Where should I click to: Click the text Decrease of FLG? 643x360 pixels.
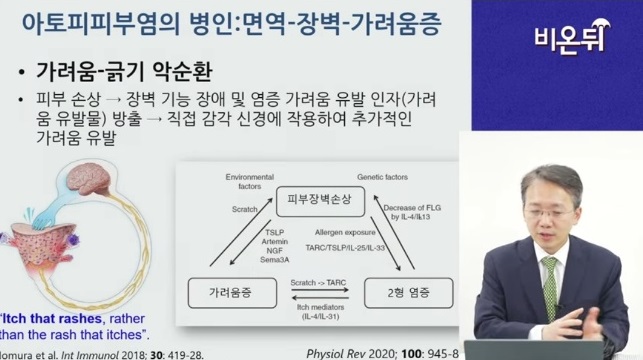point(407,206)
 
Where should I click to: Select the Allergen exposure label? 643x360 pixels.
point(339,233)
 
